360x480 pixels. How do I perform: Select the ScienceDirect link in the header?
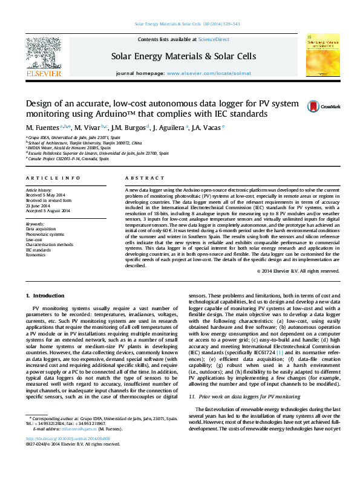[214, 39]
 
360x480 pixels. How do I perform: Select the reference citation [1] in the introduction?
[280, 352]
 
